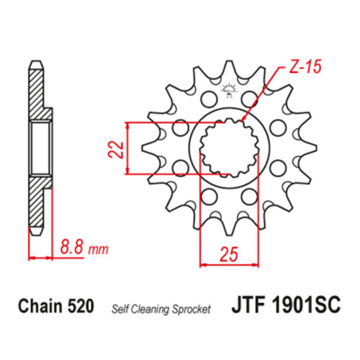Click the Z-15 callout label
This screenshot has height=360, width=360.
click(305, 66)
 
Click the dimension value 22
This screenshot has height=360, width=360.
click(115, 149)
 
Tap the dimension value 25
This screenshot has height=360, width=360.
click(229, 254)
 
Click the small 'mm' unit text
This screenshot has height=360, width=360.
click(99, 250)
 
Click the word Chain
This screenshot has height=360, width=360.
click(40, 306)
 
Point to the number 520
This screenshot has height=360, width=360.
click(81, 306)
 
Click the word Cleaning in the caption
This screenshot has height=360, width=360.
click(151, 310)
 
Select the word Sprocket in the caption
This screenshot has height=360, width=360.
click(192, 310)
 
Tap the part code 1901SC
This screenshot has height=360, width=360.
click(306, 304)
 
